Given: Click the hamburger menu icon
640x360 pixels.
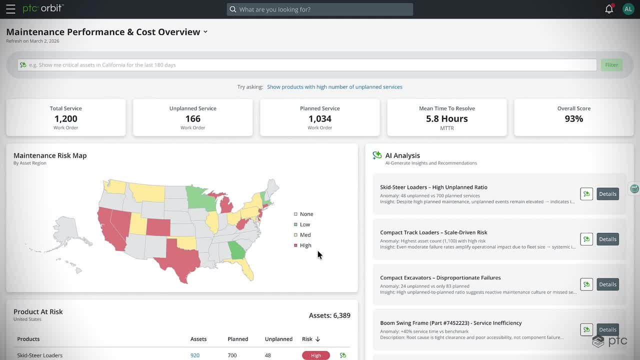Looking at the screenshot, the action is click(10, 9).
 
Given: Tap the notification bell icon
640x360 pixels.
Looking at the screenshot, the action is click(609, 9).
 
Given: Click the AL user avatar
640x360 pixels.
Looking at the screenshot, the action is click(628, 9).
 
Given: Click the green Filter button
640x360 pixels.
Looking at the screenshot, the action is click(611, 65).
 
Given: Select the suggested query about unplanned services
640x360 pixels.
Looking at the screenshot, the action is click(334, 87).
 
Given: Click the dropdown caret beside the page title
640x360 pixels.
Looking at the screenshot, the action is click(205, 31).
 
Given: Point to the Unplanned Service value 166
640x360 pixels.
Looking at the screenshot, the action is click(193, 118).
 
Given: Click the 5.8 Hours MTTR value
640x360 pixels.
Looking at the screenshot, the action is click(447, 118).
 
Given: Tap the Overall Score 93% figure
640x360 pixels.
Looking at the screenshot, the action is click(573, 118).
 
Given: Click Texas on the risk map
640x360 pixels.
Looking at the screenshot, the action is click(180, 258).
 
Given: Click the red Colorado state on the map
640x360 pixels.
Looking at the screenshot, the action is click(158, 227).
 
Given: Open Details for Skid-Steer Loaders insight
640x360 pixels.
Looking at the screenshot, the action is click(607, 194).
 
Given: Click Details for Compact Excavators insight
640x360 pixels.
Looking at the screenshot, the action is click(607, 284).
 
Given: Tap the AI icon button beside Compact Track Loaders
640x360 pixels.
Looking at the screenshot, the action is click(586, 239).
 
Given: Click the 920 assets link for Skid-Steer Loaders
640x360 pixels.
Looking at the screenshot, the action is click(195, 355).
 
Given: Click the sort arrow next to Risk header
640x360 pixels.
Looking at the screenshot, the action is click(317, 339).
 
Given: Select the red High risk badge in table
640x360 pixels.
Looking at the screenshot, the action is click(316, 355).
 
